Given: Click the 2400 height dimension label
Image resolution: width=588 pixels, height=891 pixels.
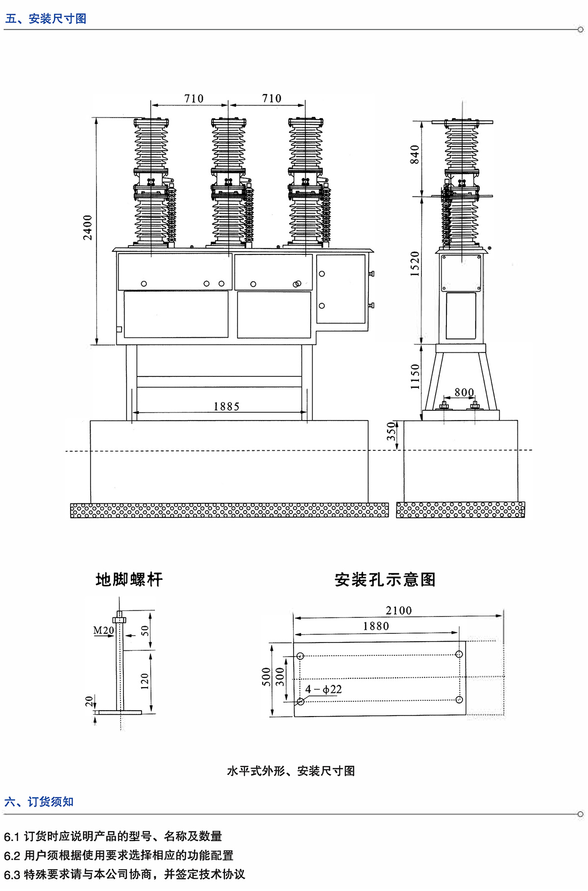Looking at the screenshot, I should coord(88,227).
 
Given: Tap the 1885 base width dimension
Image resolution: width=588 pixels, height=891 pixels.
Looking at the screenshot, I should coord(226,406).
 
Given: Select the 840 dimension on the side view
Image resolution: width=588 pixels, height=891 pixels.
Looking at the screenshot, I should coord(415,154).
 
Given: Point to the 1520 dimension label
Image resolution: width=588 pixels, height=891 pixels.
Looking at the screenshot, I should coord(415,264).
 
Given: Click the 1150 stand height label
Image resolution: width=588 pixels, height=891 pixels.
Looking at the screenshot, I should coord(415,376).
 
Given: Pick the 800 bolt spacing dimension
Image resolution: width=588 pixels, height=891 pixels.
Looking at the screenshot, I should coord(464,392).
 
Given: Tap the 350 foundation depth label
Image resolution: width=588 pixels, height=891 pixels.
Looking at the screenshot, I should coord(392,432).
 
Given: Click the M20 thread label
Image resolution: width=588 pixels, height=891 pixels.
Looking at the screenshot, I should coord(103,630).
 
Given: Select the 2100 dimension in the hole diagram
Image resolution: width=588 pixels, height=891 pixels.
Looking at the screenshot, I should coord(398,611).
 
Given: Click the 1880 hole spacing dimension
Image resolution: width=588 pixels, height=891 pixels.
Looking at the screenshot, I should coord(376,626).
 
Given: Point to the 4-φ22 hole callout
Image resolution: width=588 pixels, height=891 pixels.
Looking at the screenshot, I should coord(323,690).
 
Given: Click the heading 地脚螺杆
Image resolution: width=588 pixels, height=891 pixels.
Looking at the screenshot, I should coord(129,580).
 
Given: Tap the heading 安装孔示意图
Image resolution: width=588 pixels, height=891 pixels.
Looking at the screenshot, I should coord(385,580).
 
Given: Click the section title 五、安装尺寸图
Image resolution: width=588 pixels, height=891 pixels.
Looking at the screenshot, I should coord(46,19).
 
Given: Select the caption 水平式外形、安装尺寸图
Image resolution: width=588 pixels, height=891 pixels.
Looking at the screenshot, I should coord(291,771).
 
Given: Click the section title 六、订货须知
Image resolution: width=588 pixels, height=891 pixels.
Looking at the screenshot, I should coord(39,802).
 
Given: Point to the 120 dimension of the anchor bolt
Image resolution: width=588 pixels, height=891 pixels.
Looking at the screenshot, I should coord(145,681).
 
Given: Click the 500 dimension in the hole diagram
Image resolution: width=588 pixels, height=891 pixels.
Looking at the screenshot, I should coord(267,677).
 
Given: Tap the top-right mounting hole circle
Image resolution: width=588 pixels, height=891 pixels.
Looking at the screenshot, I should coord(459,654).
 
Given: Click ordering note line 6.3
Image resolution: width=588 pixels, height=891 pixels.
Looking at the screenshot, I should coord(124,874).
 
